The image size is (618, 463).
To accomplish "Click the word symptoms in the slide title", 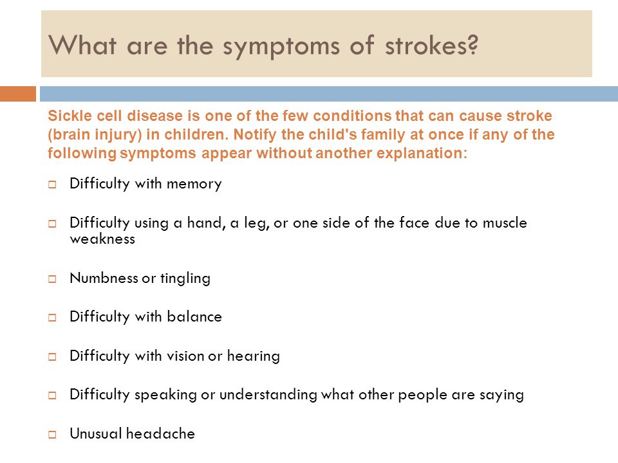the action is (281, 46).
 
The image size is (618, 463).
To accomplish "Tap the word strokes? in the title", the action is (431, 45).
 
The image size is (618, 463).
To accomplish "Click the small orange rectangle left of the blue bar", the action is (18, 94).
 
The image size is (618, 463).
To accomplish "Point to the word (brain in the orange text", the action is (68, 135).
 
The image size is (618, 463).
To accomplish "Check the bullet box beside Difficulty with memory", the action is (52, 185).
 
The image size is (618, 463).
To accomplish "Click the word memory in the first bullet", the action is (194, 185).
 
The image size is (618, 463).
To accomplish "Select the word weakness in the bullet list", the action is (102, 239).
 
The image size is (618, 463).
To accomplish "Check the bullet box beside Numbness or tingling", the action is (52, 278).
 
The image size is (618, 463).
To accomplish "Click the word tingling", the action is (185, 278).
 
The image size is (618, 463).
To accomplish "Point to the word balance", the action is (194, 316).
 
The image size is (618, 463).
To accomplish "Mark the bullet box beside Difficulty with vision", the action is (52, 357).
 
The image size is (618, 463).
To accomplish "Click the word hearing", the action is (254, 356).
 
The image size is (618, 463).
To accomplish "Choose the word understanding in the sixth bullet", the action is (268, 394).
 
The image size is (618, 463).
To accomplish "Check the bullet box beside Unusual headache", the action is (52, 435).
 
